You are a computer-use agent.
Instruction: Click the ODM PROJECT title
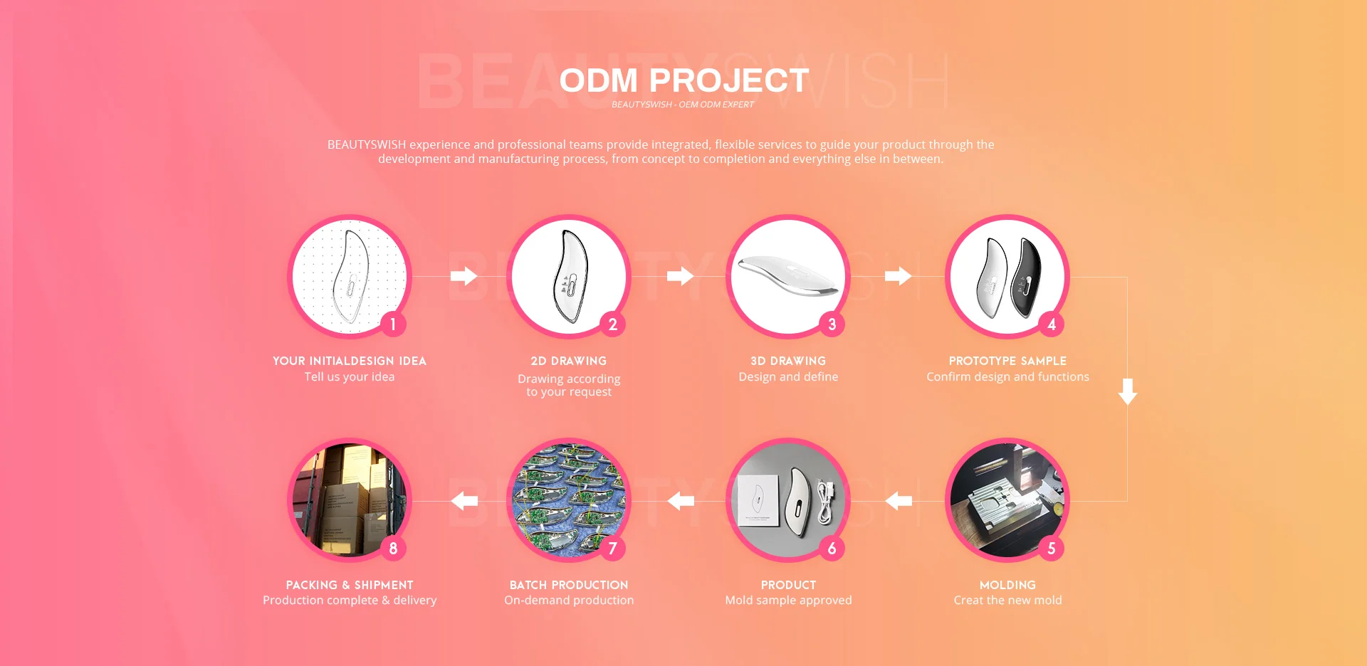tap(683, 80)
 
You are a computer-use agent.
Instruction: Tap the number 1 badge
tap(393, 324)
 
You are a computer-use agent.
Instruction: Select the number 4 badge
tap(1051, 324)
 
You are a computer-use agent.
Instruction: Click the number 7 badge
tap(612, 549)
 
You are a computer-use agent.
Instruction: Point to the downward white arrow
tap(1127, 391)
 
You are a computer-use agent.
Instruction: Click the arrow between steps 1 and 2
tap(463, 276)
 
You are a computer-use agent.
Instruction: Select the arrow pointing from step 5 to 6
tap(899, 501)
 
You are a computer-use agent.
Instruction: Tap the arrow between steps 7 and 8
tap(464, 501)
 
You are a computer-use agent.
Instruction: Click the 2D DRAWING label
tap(569, 361)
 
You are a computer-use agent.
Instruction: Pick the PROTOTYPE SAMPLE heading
tap(1007, 361)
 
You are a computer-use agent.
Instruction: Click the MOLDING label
tap(1007, 585)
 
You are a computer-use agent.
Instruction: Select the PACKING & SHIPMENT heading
tap(350, 585)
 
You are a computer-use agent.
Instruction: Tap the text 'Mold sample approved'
tap(788, 600)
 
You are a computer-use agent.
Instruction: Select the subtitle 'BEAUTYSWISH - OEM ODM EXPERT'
tap(683, 105)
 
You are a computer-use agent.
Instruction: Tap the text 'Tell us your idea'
tap(350, 376)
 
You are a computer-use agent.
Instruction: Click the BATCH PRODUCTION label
tap(569, 585)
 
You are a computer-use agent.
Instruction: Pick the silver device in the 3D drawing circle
tap(788, 275)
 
